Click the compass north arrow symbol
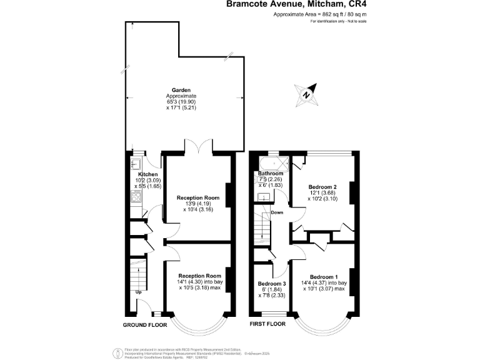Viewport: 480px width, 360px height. click(307, 94)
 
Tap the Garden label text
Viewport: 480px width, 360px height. click(181, 90)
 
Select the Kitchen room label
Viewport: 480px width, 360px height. click(147, 174)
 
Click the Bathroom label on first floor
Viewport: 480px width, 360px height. click(271, 173)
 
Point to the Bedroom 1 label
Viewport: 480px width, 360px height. click(324, 277)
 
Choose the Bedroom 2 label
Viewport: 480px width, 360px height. click(322, 187)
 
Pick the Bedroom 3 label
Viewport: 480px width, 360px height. click(271, 283)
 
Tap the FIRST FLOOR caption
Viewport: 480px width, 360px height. click(267, 324)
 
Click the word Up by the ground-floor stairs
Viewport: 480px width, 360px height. click(139, 292)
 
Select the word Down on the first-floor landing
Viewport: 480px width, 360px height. click(277, 212)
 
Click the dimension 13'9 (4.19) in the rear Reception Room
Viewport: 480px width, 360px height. click(198, 203)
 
